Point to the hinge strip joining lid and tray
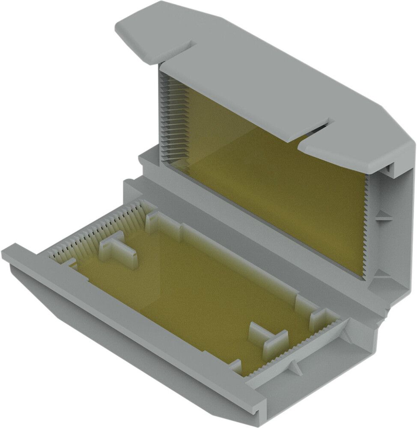click(257, 248)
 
